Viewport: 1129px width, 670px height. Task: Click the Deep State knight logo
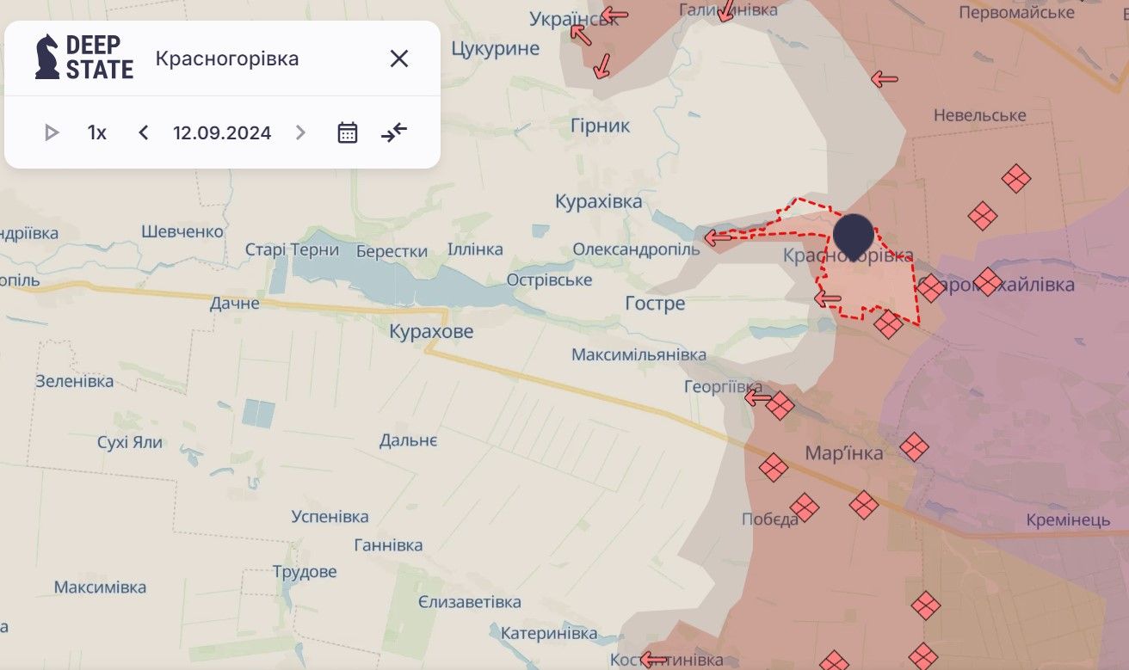pos(47,58)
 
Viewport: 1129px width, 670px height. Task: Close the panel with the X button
pos(398,58)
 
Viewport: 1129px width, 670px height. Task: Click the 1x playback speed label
pos(96,132)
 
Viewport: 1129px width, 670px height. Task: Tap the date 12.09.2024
pos(222,132)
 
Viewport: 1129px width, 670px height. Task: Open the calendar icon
pos(348,132)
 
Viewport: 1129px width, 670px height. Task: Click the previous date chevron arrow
pos(144,132)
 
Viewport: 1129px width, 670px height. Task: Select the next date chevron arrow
pos(300,132)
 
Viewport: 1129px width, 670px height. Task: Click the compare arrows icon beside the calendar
pos(394,132)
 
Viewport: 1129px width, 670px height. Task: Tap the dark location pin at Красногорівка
pos(853,233)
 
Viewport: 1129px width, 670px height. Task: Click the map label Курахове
pos(431,331)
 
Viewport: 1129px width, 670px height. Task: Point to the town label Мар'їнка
pos(843,453)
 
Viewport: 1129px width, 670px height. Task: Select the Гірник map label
pos(600,126)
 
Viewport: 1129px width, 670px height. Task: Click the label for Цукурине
pos(495,48)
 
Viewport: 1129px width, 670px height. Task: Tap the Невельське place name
pos(979,115)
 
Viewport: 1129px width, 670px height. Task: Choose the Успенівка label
pos(330,516)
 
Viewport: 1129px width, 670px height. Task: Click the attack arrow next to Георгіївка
pos(757,397)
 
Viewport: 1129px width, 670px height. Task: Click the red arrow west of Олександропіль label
pos(717,237)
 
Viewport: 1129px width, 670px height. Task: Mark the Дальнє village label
pos(408,440)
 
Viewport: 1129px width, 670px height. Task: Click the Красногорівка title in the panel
pos(227,58)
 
